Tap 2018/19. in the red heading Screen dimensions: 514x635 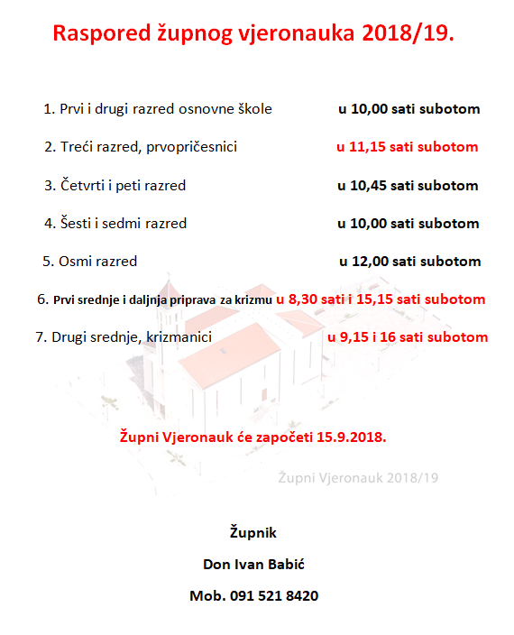(409, 34)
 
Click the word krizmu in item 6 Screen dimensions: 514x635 (253, 299)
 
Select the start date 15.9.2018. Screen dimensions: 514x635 (351, 437)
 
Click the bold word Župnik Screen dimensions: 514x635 (253, 531)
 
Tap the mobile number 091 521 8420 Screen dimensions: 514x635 (271, 596)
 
